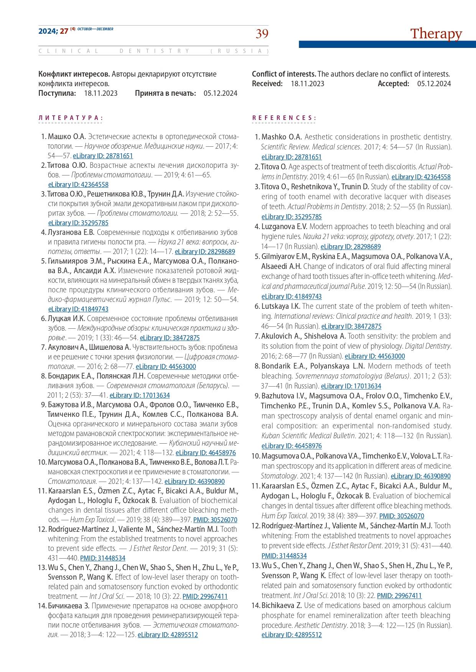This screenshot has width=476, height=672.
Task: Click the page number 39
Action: (262, 34)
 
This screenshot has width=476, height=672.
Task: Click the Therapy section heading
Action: (436, 34)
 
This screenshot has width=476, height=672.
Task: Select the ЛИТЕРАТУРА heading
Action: (71, 118)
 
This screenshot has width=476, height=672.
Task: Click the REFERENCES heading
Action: (284, 118)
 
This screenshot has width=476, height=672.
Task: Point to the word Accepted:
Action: (393, 84)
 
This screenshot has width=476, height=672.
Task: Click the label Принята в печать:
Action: (165, 93)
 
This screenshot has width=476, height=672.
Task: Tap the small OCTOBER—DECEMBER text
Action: (96, 29)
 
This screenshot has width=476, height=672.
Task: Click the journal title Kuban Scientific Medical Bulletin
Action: (308, 436)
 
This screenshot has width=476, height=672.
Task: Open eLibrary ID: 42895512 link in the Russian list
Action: (168, 635)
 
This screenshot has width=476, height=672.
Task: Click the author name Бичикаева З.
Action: (69, 606)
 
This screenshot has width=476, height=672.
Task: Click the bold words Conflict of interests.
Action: (284, 74)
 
